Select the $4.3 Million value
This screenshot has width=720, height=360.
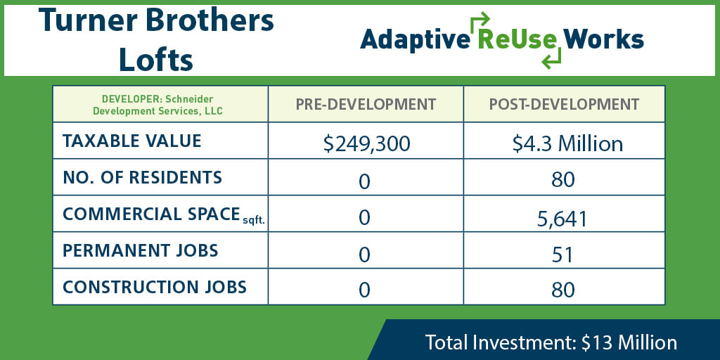tap(567, 143)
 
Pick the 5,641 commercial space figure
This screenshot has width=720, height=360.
tap(562, 219)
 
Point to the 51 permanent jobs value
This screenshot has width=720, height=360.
tap(562, 255)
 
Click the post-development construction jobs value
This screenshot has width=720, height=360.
tap(563, 290)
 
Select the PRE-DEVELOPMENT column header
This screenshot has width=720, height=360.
tap(366, 104)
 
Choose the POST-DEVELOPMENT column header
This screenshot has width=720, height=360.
tap(564, 104)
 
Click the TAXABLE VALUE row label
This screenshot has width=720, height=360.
tap(131, 141)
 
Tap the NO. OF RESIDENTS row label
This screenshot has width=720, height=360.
tap(142, 177)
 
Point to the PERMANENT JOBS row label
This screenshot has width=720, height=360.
tap(140, 250)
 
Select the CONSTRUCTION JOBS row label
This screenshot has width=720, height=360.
tap(154, 287)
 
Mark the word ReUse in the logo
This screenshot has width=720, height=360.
tap(517, 39)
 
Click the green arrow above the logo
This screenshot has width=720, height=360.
tap(480, 20)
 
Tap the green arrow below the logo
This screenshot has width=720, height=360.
tap(551, 58)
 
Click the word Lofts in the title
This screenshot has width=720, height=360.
tap(155, 59)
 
